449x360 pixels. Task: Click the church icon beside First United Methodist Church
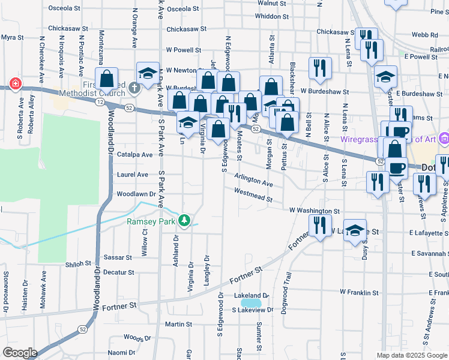(134, 88)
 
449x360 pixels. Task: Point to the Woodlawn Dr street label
(136, 194)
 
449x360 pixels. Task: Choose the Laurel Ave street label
(132, 175)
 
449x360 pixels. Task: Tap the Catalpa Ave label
(135, 154)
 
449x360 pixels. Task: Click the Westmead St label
(253, 195)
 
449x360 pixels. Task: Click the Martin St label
(178, 324)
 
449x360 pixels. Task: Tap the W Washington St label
(314, 211)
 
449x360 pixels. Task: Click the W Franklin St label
(360, 292)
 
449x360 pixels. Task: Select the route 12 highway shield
(98, 103)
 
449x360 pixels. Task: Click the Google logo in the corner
(20, 352)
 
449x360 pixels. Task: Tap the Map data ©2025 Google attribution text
(412, 355)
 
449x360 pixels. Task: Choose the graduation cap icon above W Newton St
(147, 73)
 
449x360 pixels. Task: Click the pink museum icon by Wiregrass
(444, 138)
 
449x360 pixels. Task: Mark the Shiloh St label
(78, 263)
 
